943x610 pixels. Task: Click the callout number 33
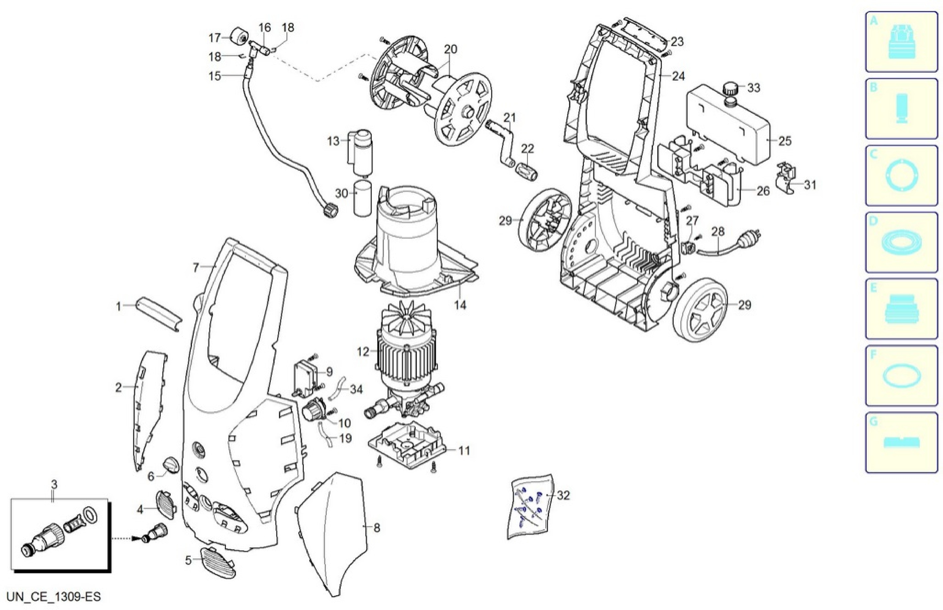tap(753, 88)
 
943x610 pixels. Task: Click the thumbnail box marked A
tap(901, 42)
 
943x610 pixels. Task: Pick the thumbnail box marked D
tap(901, 242)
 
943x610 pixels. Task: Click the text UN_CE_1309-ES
tap(54, 597)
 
